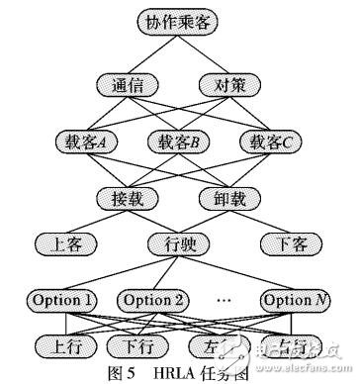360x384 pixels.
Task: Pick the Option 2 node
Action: tap(154, 298)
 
